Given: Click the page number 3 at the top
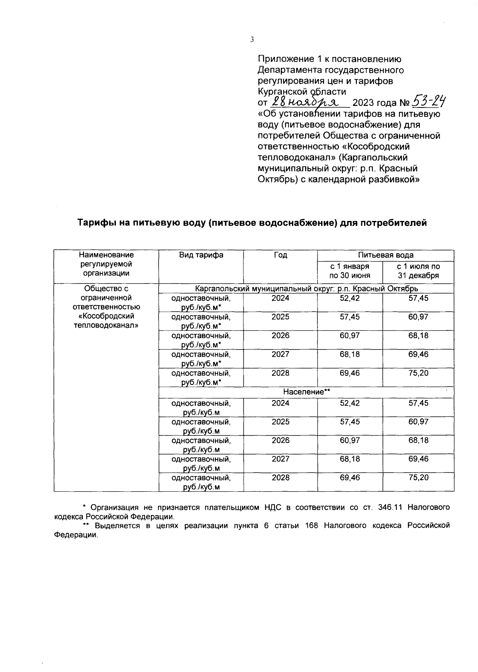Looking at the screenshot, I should [x=251, y=39].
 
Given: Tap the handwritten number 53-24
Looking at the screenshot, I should [x=429, y=102].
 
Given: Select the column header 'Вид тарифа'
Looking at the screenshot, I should [x=201, y=255].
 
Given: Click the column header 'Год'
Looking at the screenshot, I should [x=280, y=255].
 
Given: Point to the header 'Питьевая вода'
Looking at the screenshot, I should [x=385, y=255].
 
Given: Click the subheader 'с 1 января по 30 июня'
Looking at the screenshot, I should [x=349, y=271].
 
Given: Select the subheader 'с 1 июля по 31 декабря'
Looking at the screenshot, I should [x=418, y=271].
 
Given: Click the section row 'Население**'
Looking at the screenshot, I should [x=306, y=392].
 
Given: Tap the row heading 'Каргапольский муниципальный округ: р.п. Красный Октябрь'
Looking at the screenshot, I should [x=306, y=289].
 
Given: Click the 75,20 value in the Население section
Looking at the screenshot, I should [x=418, y=477].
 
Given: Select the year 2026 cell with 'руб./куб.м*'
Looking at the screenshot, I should [x=280, y=336].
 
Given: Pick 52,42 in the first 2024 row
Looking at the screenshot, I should [x=349, y=298].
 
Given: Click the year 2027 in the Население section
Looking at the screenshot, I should [x=280, y=459].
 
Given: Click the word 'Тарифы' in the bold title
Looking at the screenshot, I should [x=95, y=223].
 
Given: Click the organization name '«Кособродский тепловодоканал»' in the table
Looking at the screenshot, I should [x=106, y=320].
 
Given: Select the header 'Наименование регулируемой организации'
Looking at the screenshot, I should [x=106, y=264].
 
